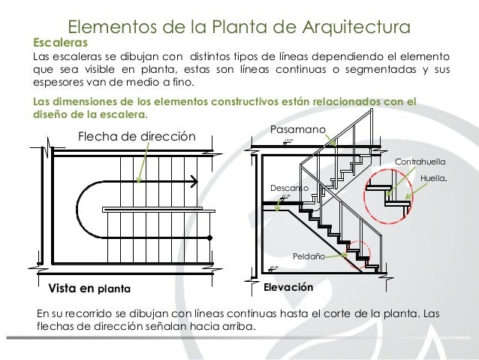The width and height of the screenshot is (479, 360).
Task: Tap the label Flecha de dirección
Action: click(x=137, y=136)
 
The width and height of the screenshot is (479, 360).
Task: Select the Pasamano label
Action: click(x=297, y=129)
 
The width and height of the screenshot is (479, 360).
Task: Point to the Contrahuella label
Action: click(x=420, y=162)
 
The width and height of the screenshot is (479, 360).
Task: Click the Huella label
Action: click(x=434, y=178)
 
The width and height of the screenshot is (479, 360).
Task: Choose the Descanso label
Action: click(x=289, y=187)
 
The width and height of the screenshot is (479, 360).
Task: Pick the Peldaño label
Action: click(x=308, y=256)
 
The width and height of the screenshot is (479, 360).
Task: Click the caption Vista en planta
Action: click(x=89, y=288)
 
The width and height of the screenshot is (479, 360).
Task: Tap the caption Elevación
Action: click(x=288, y=288)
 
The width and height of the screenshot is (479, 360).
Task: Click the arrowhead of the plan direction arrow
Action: click(x=194, y=180)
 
